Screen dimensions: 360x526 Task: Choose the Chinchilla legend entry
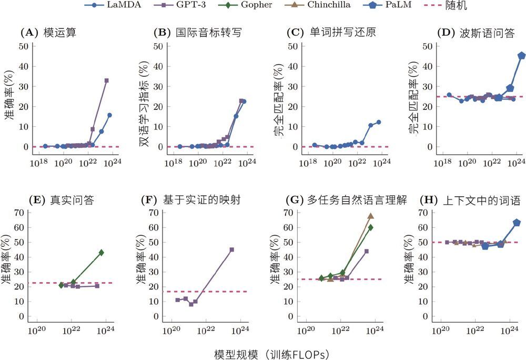coord(332,6)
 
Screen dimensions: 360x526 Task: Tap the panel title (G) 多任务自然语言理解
coord(343,201)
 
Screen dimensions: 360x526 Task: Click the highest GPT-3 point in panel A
coord(106,81)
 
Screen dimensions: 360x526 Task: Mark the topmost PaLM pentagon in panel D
coord(521,55)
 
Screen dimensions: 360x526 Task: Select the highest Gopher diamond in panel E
coord(102,253)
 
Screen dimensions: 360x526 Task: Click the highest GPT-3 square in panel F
coord(231,249)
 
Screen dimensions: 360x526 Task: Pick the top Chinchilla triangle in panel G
coord(370,216)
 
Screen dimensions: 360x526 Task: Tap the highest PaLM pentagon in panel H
coord(517,223)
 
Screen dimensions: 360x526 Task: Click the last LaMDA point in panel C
coord(378,122)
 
